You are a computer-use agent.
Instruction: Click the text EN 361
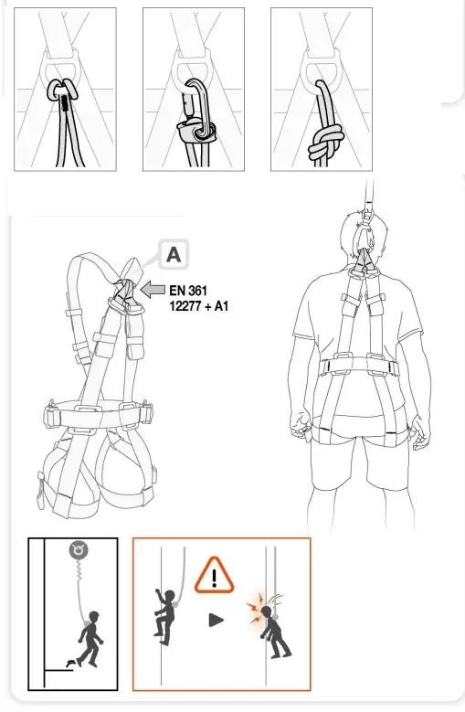pos(190,291)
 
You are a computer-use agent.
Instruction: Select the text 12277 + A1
pos(198,306)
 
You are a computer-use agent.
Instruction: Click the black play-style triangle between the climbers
pos(217,620)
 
